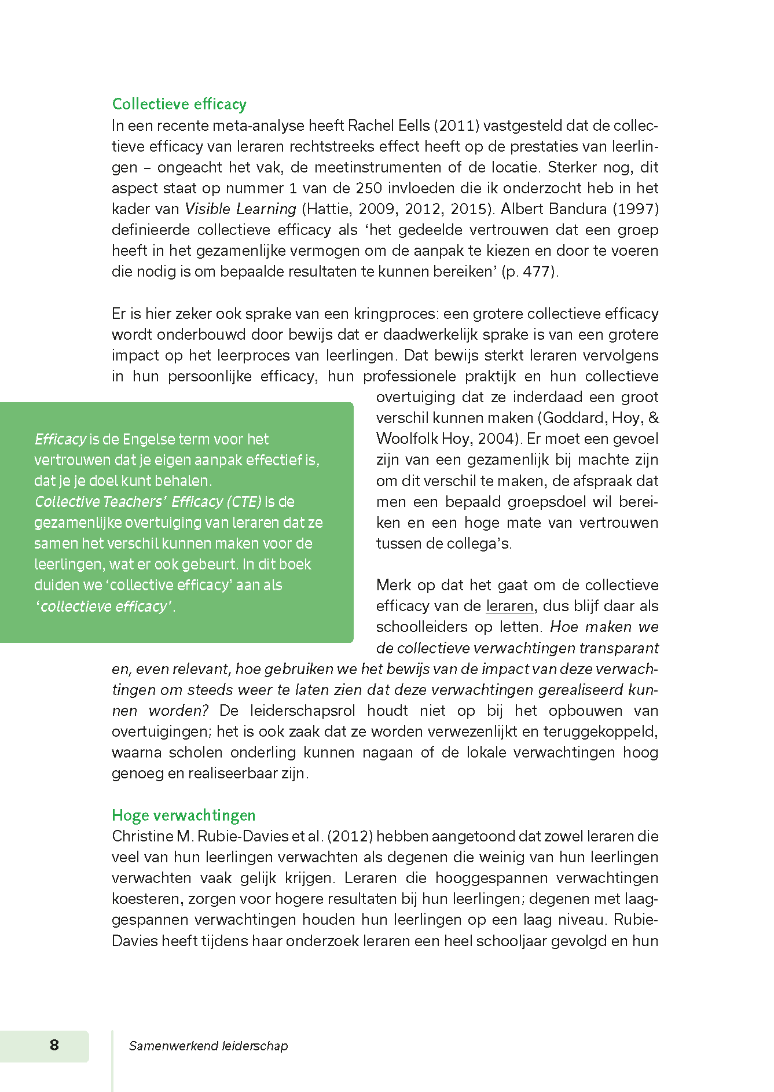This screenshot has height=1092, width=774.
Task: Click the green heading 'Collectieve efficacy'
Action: (x=179, y=104)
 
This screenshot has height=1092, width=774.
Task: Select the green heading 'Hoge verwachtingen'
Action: (x=184, y=815)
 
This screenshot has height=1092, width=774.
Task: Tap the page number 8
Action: (x=54, y=1045)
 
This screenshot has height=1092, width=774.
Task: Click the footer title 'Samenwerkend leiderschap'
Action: (x=208, y=1046)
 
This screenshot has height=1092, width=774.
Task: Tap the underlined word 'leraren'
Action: (x=509, y=606)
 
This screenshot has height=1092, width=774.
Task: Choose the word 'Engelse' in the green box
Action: (x=152, y=439)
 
